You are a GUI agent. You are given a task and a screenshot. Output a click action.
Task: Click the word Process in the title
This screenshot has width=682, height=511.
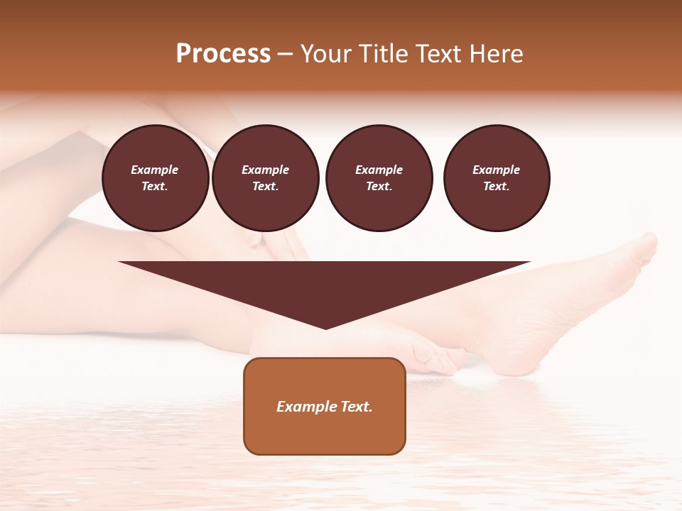[223, 54]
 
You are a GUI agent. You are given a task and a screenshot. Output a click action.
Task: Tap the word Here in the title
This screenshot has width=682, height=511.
[494, 54]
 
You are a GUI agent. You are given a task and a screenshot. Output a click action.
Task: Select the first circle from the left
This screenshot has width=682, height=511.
[156, 178]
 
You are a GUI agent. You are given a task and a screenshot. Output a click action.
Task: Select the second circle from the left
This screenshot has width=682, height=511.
[266, 178]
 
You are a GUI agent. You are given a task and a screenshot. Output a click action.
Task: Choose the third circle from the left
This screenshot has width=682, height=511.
[379, 178]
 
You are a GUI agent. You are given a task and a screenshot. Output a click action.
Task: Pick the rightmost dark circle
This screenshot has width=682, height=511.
[497, 178]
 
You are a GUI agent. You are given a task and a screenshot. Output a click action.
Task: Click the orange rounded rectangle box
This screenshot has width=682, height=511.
[325, 406]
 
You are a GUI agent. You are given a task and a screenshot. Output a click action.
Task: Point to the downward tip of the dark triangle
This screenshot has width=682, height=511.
[325, 327]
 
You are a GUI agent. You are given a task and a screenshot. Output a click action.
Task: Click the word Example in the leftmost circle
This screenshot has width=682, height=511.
[155, 170]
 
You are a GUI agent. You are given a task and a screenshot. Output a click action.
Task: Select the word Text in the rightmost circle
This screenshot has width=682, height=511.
[496, 187]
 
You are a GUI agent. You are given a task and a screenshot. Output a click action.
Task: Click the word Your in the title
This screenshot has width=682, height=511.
[327, 54]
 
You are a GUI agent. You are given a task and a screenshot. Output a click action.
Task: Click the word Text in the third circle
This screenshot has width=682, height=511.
[379, 187]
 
